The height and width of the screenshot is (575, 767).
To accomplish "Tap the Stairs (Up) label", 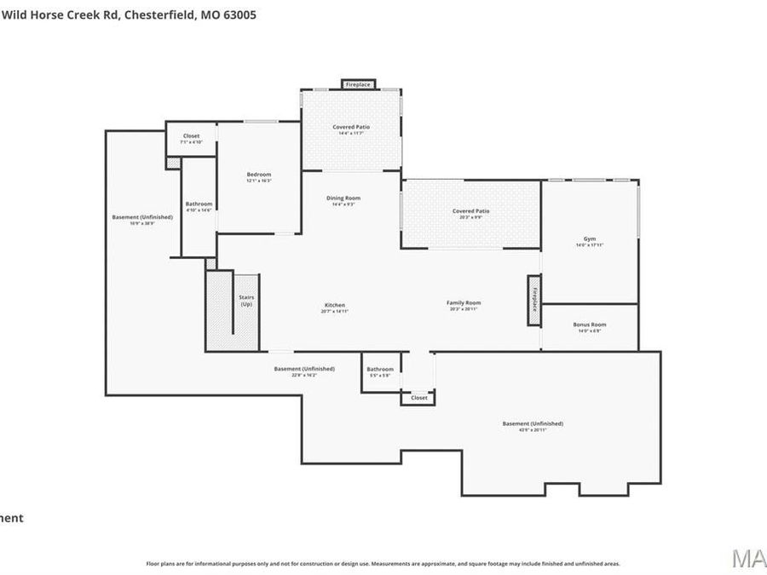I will tap(246, 301).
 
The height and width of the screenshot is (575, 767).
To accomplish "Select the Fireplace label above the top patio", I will tap(359, 84).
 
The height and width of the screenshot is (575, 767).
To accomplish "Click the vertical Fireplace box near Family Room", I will tap(534, 299).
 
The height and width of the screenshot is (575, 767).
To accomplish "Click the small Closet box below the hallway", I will tap(418, 398).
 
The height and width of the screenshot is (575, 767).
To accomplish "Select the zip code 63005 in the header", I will tap(239, 14).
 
